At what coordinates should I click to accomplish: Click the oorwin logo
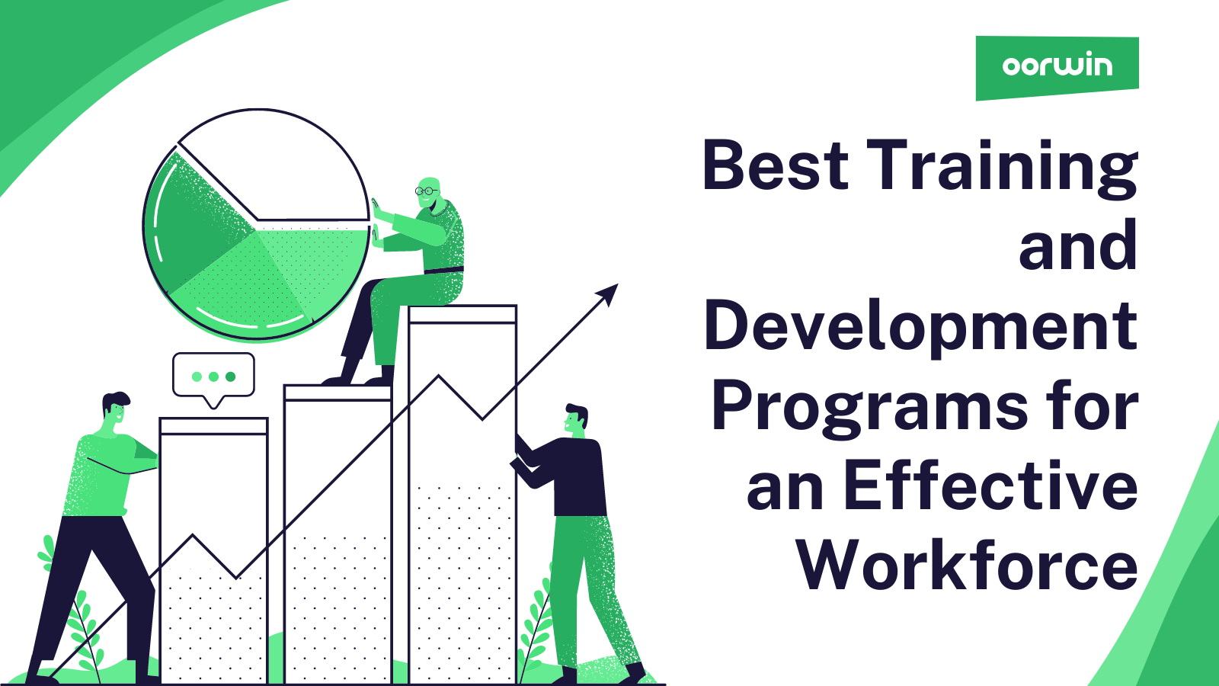[x=1057, y=66]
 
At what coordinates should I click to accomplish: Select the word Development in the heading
[x=920, y=326]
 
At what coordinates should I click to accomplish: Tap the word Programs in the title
[x=869, y=408]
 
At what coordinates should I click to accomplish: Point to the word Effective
[x=990, y=487]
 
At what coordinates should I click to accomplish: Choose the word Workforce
[x=967, y=566]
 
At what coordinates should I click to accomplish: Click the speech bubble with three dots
[x=213, y=376]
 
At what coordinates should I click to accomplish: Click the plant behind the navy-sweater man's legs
[x=536, y=625]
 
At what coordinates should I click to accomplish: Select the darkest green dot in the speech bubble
[x=231, y=377]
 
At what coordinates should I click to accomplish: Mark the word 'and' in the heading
[x=1077, y=246]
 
